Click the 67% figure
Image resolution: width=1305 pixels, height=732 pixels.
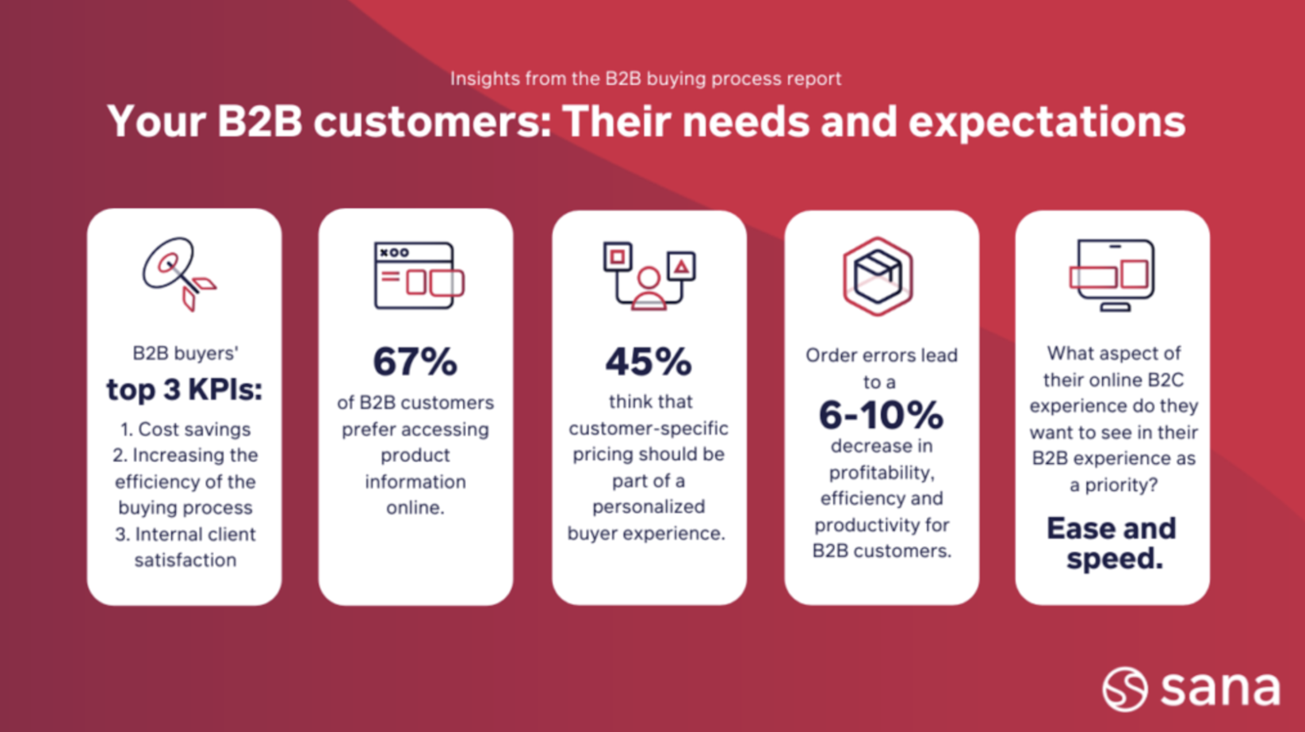pyautogui.click(x=415, y=362)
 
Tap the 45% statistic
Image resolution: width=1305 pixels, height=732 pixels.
pyautogui.click(x=649, y=362)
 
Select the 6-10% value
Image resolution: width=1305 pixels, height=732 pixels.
pyautogui.click(x=881, y=415)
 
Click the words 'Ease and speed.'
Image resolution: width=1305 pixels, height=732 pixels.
pyautogui.click(x=1113, y=542)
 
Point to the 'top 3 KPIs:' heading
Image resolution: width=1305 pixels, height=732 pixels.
pyautogui.click(x=185, y=390)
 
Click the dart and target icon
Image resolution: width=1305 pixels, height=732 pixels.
pyautogui.click(x=178, y=274)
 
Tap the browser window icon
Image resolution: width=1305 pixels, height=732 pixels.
pyautogui.click(x=419, y=275)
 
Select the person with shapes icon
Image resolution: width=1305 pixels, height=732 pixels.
pyautogui.click(x=649, y=276)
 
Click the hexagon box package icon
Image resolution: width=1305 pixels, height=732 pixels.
pyautogui.click(x=878, y=276)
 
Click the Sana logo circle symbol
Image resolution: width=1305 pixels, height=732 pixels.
pyautogui.click(x=1125, y=689)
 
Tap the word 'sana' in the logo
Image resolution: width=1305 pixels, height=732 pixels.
pyautogui.click(x=1220, y=689)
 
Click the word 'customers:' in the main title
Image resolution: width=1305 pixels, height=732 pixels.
pyautogui.click(x=432, y=121)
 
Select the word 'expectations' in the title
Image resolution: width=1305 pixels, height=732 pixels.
pyautogui.click(x=1047, y=122)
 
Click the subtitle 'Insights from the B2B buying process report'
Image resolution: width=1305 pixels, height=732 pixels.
pyautogui.click(x=645, y=79)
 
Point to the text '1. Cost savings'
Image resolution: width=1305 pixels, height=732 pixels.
pyautogui.click(x=186, y=430)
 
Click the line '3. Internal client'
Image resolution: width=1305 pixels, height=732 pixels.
pyautogui.click(x=186, y=535)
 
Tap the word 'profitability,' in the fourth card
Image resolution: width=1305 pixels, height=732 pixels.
pyautogui.click(x=882, y=473)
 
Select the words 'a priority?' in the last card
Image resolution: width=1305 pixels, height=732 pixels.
pyautogui.click(x=1113, y=485)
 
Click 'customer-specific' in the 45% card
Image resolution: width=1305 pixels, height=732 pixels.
pyautogui.click(x=649, y=429)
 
